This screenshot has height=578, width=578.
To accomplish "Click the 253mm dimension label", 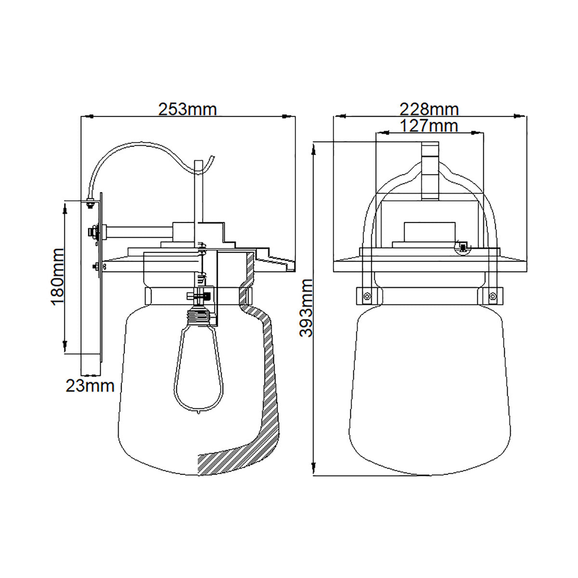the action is click(x=187, y=109).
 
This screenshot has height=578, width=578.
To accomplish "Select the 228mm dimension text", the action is click(x=430, y=109).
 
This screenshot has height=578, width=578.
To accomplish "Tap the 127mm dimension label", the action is click(x=430, y=126).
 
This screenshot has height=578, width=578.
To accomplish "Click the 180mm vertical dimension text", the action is click(x=58, y=277).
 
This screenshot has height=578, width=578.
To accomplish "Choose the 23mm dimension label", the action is click(x=90, y=386).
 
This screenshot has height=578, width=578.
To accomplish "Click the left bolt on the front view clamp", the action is click(x=367, y=296).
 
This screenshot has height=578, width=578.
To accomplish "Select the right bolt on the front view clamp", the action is click(x=492, y=296).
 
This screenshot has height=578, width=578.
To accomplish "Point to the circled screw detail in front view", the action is click(x=462, y=248).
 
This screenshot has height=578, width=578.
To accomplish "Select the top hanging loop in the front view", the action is click(x=430, y=171).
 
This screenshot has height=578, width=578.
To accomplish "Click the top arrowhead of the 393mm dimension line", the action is click(x=314, y=149).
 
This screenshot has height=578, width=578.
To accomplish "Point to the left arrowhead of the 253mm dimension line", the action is click(x=89, y=116).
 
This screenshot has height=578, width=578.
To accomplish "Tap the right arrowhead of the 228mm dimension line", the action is click(x=520, y=116).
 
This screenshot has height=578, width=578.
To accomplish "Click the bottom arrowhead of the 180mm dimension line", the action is click(x=65, y=346).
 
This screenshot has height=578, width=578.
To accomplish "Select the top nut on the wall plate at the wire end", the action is click(x=90, y=203).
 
